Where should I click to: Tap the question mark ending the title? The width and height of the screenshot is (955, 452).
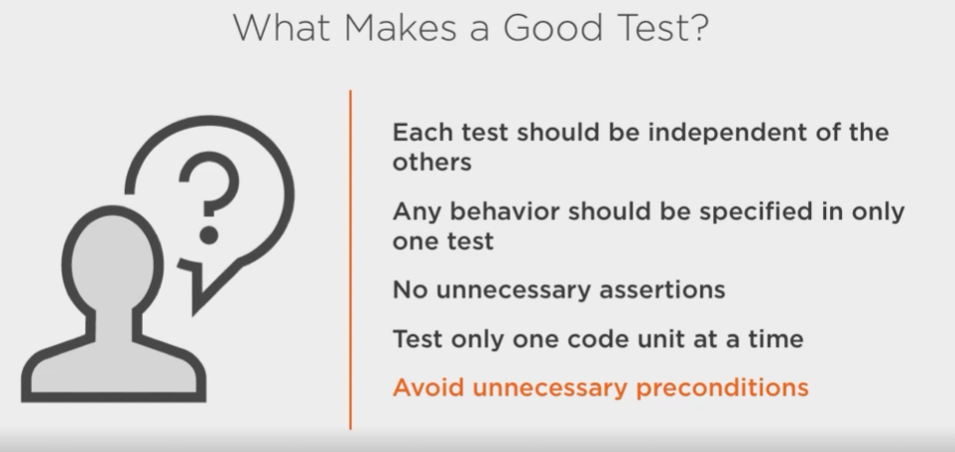click(x=700, y=28)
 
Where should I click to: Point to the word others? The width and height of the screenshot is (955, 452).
click(x=431, y=162)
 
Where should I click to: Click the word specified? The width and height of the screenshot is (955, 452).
click(x=764, y=212)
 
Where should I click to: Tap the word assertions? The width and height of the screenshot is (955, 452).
click(x=662, y=289)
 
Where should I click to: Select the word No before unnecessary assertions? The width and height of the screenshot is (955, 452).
click(x=411, y=289)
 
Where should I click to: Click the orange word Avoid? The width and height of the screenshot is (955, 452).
click(x=428, y=388)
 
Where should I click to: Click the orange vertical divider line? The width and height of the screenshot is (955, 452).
click(x=350, y=260)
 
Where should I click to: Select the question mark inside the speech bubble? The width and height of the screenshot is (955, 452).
click(x=209, y=183)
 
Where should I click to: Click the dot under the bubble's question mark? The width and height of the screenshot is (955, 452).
click(x=209, y=235)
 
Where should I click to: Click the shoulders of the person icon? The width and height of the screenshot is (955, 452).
click(x=113, y=372)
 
